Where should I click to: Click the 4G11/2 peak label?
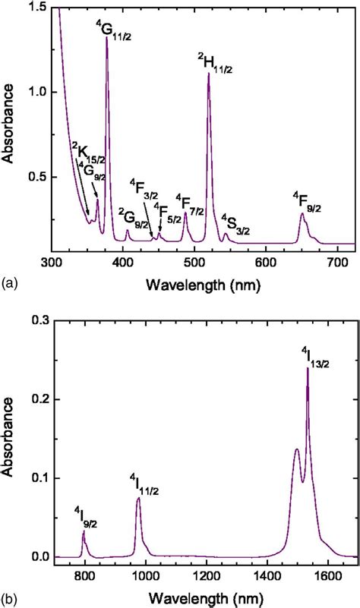click(x=114, y=30)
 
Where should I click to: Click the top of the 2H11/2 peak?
click(x=208, y=74)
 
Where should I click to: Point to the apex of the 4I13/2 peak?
click(x=308, y=368)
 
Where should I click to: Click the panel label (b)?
click(x=10, y=596)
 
